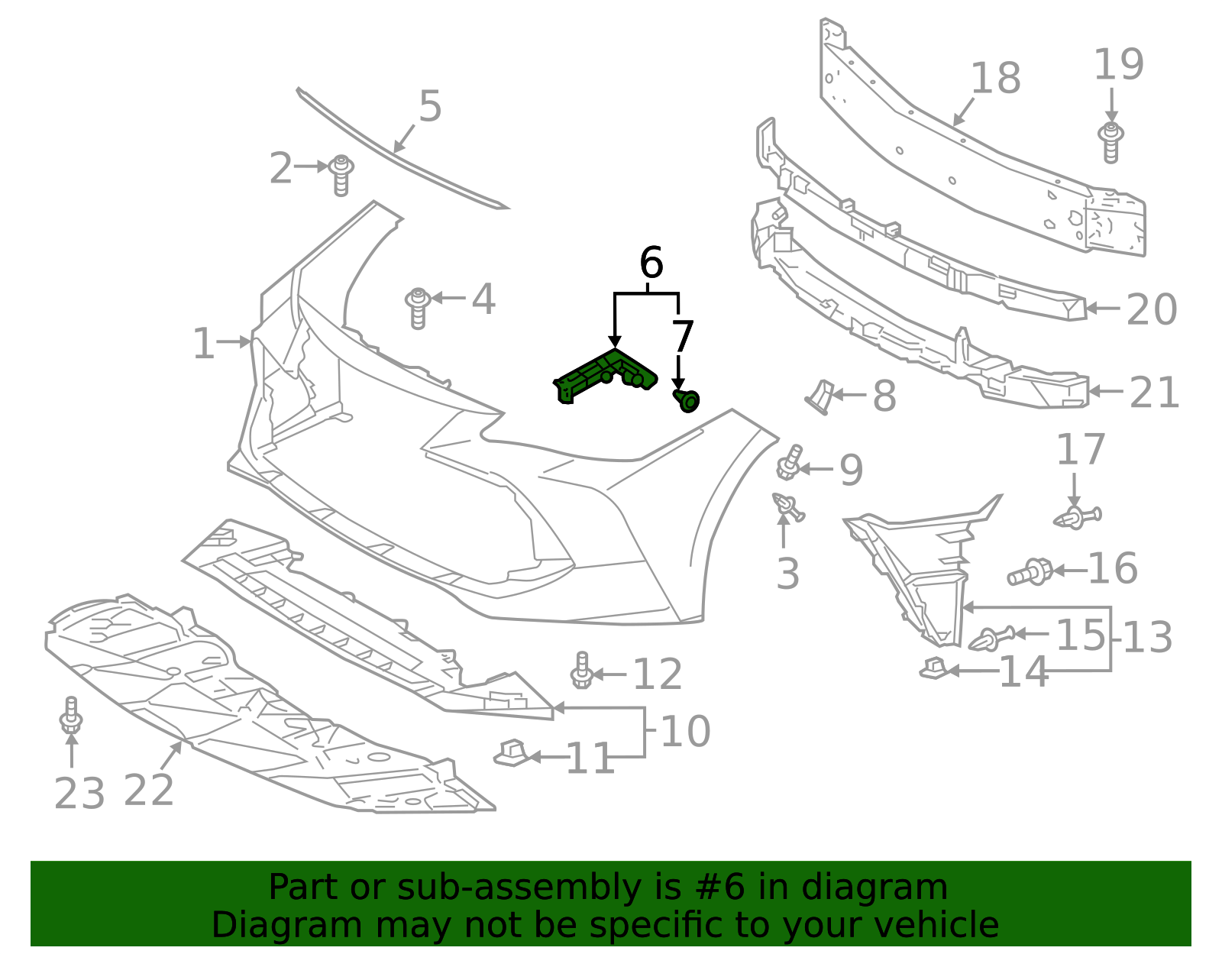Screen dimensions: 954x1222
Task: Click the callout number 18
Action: coord(996,79)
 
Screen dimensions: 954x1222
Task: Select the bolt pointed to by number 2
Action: coord(341,174)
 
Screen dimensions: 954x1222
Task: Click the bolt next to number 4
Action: coord(418,307)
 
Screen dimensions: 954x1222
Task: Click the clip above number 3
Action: coord(787,506)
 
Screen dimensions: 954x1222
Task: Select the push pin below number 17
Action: coord(1077,518)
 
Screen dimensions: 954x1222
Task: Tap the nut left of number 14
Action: coord(933,669)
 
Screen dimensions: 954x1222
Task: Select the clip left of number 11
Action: coord(512,753)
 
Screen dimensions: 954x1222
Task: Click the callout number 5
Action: coord(430,106)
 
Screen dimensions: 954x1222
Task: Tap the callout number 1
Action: coord(202,344)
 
